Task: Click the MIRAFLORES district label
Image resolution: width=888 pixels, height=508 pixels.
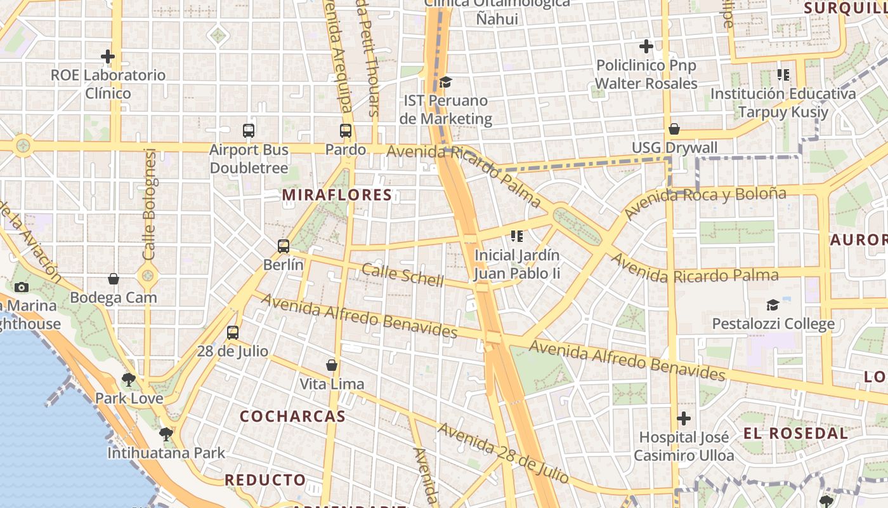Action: tap(337, 195)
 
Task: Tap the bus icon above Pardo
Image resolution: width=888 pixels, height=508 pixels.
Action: tap(346, 131)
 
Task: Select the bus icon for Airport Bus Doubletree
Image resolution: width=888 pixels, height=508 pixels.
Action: tap(249, 131)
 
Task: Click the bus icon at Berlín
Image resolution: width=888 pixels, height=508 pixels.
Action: tap(284, 246)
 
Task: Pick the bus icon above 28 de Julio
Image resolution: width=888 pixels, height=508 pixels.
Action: tap(233, 333)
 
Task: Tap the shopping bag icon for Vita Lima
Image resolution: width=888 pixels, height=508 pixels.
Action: tap(331, 365)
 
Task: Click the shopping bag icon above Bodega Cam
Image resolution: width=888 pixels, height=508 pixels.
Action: tap(114, 279)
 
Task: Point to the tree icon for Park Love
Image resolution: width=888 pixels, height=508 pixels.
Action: tap(129, 380)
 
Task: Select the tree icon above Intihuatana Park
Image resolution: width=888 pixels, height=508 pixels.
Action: tap(166, 434)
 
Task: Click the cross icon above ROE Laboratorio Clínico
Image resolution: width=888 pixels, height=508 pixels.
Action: tap(108, 57)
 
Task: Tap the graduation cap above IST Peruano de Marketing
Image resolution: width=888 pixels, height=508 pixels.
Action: tap(446, 82)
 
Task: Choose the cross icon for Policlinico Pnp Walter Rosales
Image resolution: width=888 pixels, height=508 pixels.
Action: tap(646, 46)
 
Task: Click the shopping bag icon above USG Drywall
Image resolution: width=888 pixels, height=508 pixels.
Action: tap(674, 130)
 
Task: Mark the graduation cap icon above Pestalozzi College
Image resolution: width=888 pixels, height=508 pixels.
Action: tap(773, 305)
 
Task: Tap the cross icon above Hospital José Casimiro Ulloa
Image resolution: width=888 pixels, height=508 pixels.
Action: tap(684, 418)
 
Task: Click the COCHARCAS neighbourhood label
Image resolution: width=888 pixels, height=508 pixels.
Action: tap(293, 417)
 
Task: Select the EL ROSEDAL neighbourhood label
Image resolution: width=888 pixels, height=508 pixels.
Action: tap(795, 434)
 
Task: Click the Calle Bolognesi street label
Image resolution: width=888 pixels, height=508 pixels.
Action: tap(150, 204)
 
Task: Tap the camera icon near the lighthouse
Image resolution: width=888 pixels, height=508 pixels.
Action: tap(22, 288)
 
